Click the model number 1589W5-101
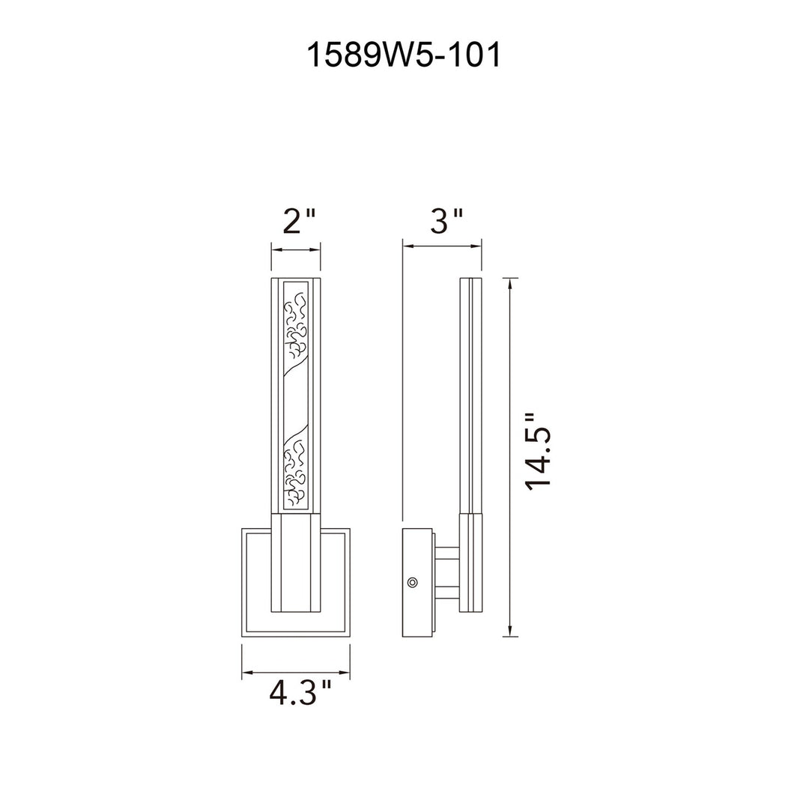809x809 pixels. (x=404, y=55)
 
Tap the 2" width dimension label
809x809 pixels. (x=298, y=221)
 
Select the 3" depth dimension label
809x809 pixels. (x=446, y=221)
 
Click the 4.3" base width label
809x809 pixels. (x=300, y=693)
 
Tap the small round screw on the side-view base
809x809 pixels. (x=412, y=583)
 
